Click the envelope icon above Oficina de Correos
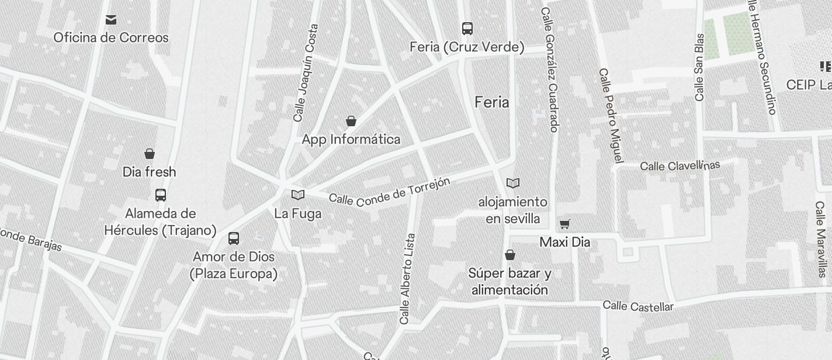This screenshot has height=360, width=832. click(111, 20)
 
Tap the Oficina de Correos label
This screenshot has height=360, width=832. click(111, 38)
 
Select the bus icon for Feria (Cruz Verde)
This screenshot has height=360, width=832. click(467, 28)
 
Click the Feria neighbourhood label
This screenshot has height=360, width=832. click(491, 102)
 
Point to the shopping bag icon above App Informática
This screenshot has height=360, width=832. click(351, 121)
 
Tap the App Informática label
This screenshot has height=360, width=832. click(351, 139)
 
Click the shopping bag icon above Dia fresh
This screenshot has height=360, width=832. click(150, 154)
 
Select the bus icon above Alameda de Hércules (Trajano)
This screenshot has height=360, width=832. click(161, 195)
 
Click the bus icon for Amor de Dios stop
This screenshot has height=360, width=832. click(234, 238)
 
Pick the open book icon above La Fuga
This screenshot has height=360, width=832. click(298, 195)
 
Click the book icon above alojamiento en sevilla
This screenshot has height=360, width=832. click(513, 183)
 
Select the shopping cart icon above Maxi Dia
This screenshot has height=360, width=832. click(564, 224)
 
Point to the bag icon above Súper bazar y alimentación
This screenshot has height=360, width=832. click(510, 255)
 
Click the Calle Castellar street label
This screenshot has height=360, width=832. click(637, 306)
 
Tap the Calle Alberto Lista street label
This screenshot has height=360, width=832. click(407, 279)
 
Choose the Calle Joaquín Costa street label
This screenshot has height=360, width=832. click(306, 72)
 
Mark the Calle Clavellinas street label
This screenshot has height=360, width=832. click(680, 165)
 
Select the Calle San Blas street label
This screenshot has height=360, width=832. click(699, 67)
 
